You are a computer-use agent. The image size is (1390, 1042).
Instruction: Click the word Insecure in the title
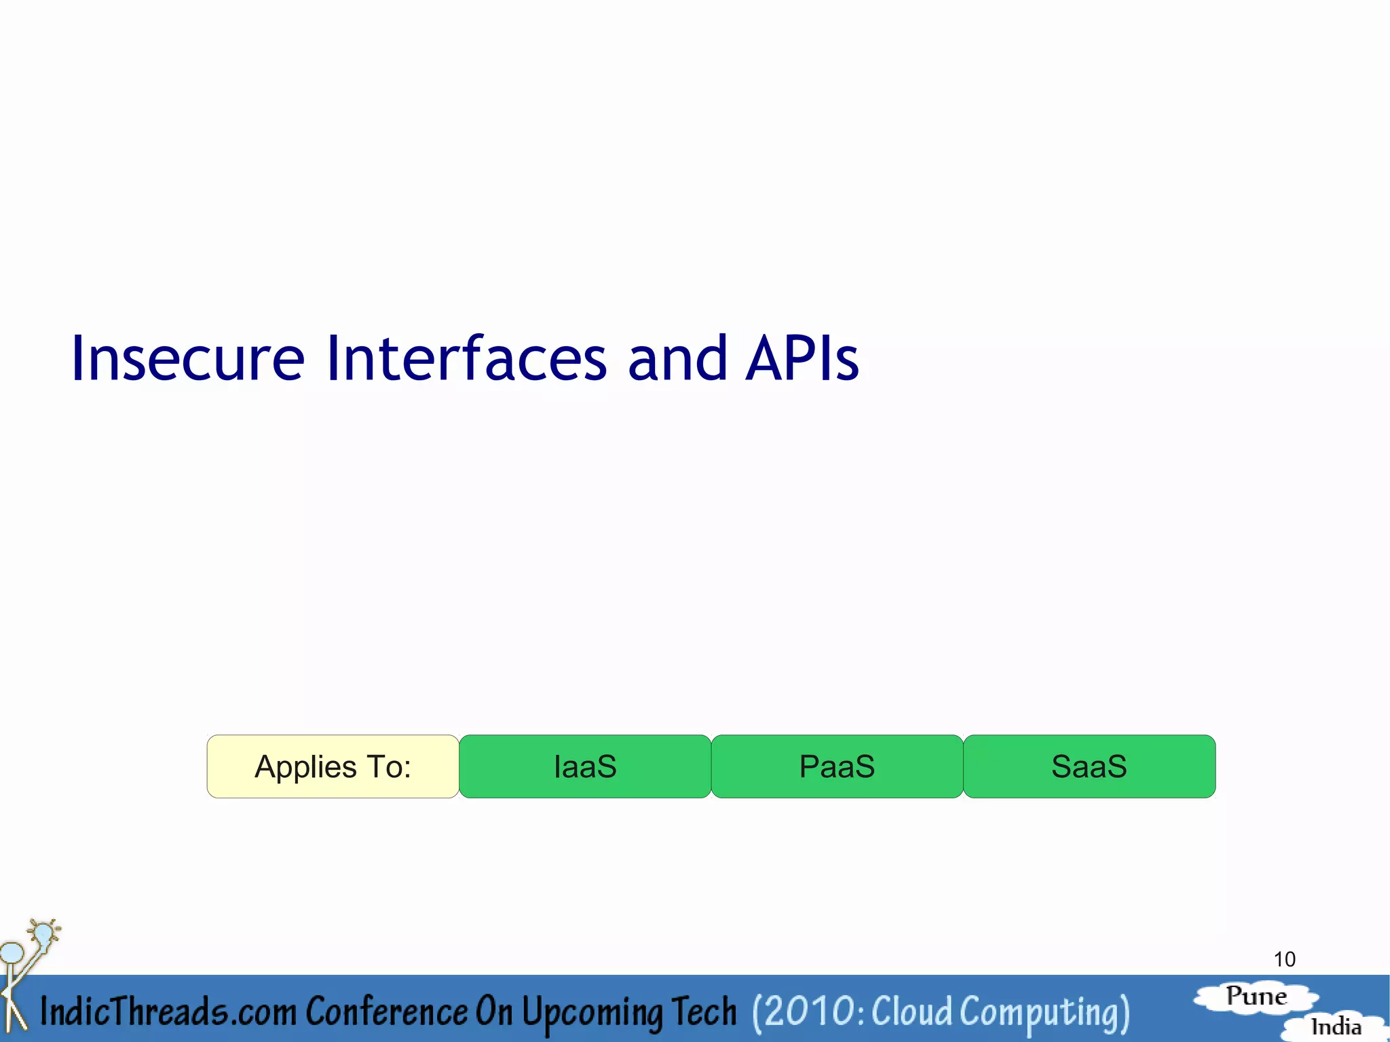[187, 358]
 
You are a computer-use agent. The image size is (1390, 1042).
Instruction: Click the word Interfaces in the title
[466, 358]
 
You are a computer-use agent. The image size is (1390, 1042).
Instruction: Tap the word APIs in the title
[802, 358]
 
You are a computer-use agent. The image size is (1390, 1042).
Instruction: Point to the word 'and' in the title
[677, 358]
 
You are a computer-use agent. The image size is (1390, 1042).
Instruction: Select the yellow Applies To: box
[333, 766]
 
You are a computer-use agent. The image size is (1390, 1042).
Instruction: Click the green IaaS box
[585, 766]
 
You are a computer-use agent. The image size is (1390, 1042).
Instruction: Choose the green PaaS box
[837, 766]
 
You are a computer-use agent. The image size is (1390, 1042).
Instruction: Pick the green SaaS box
[1089, 766]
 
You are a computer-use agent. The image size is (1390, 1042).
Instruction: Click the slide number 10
[1284, 959]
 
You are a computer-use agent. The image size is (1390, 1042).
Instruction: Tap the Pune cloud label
[1256, 997]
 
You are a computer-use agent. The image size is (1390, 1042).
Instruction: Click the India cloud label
[1336, 1026]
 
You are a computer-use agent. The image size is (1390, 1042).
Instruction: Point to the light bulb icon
[43, 933]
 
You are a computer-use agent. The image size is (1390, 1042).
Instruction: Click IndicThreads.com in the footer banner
[168, 1011]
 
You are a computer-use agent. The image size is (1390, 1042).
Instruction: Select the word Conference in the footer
[386, 1011]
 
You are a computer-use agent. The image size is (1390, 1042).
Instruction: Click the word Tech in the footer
[704, 1011]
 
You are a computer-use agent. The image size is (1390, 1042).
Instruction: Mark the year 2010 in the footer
[808, 1011]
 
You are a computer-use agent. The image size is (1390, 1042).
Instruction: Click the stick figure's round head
[12, 953]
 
